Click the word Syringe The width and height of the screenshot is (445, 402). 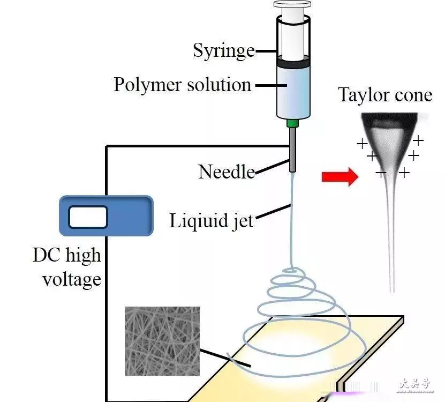click(x=224, y=51)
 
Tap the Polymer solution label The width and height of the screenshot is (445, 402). click(x=183, y=85)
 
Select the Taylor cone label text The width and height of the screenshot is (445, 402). click(x=385, y=94)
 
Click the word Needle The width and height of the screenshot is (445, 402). click(x=227, y=172)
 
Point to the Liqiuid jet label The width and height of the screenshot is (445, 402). click(x=211, y=221)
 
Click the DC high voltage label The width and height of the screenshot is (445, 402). click(x=67, y=267)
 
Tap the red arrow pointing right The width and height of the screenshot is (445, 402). click(x=340, y=177)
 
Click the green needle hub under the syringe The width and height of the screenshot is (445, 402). click(x=292, y=123)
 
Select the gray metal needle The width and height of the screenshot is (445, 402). click(x=292, y=150)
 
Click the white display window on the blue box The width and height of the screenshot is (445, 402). click(x=88, y=217)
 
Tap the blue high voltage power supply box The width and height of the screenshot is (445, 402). click(x=106, y=216)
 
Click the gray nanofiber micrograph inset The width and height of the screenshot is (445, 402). click(x=162, y=341)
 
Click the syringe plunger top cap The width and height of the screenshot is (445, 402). click(x=292, y=4)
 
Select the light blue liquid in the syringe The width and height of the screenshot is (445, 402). click(x=293, y=91)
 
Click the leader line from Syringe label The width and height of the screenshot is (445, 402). click(x=266, y=51)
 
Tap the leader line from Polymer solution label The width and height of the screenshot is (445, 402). click(x=271, y=85)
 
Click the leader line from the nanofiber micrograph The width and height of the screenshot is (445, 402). click(x=225, y=358)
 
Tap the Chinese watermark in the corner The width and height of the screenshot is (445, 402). click(x=414, y=385)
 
